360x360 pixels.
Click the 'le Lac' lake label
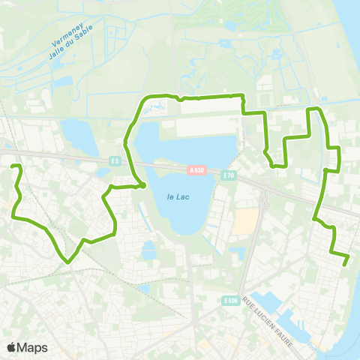coord(176,196)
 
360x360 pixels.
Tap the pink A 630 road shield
coord(196,170)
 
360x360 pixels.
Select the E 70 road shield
coord(229,175)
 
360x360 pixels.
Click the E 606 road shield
coord(230,301)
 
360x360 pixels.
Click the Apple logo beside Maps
coord(12,347)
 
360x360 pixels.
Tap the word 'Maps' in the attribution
coord(33,347)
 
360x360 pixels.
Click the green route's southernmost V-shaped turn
coord(68,262)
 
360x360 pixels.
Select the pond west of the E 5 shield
coord(76,135)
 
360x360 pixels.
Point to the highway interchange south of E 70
coord(263,198)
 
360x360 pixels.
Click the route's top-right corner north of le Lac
coord(242,96)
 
